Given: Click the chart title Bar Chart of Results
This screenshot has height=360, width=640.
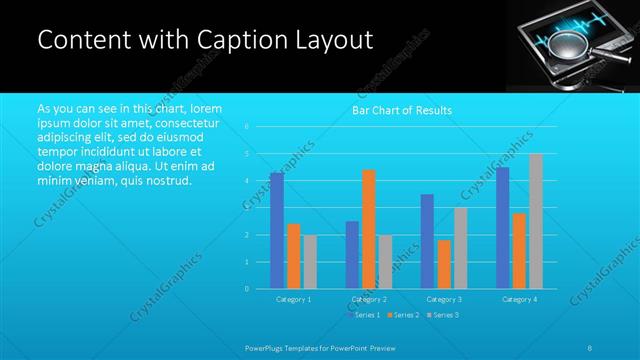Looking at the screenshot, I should [402, 110].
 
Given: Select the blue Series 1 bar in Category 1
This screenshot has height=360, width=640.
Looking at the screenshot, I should [277, 231].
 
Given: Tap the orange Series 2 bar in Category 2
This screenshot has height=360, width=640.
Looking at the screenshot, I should [369, 229].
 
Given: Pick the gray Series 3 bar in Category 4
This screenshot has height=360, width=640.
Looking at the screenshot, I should [536, 221].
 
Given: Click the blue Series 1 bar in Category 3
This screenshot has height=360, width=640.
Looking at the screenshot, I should [427, 241].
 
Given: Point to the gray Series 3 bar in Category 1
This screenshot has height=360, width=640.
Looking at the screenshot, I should [310, 262].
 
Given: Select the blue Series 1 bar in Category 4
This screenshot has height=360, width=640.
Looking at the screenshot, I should [503, 228].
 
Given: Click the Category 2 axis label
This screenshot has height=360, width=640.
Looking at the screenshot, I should [369, 299].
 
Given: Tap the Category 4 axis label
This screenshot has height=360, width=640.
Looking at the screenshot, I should [519, 299].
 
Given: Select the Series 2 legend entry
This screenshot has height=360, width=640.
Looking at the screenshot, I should [403, 315].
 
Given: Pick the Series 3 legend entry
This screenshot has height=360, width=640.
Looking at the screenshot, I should [442, 315].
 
